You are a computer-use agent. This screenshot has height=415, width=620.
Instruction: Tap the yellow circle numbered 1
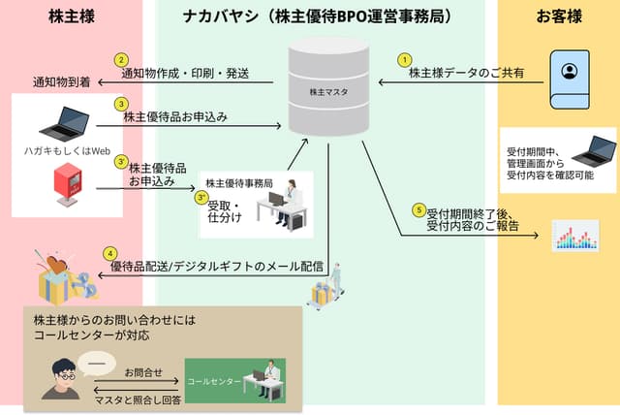coord(404,58)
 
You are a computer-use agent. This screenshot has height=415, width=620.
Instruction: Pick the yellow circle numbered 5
coord(418,209)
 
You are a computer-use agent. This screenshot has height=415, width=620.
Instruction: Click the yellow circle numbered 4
coord(109,253)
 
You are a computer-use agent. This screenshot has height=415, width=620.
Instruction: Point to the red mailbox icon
coord(66,185)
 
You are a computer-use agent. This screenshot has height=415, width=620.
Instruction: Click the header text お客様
coord(558,16)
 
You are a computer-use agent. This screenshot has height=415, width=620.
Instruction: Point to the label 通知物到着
coord(61,81)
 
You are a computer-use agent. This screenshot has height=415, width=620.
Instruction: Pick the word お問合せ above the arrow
coord(143,369)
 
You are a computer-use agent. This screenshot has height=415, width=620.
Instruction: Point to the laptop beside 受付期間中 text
coord(593,149)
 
